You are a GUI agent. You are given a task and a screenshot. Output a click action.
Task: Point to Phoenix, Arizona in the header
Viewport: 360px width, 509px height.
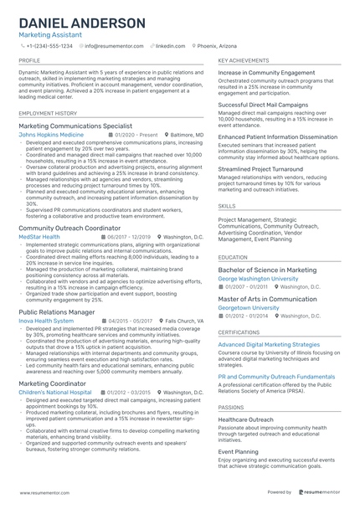tap(219, 47)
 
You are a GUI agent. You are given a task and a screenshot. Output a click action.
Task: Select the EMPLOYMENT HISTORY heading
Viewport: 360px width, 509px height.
tap(47, 112)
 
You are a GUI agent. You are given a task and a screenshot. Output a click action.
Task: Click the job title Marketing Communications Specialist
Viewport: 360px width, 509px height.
tap(75, 125)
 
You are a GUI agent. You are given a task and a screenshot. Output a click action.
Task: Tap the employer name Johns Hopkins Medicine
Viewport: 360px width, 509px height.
tap(51, 134)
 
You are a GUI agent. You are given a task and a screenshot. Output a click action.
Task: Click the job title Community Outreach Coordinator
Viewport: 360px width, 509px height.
tap(71, 228)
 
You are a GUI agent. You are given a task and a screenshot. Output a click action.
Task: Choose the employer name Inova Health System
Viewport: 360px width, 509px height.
tap(46, 321)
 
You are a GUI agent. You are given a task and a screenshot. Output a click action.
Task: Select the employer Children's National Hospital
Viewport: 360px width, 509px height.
tap(55, 392)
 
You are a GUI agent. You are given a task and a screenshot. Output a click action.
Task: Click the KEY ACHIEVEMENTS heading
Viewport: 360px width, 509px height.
tap(243, 61)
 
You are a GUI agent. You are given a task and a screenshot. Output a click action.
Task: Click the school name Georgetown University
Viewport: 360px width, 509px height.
tap(248, 307)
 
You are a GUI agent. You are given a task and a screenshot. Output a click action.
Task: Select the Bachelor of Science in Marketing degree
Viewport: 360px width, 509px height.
tap(267, 270)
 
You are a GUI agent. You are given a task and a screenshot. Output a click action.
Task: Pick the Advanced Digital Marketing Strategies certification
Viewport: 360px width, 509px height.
tap(269, 344)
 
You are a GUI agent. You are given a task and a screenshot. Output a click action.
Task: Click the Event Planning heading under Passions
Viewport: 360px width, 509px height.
tap(239, 451)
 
